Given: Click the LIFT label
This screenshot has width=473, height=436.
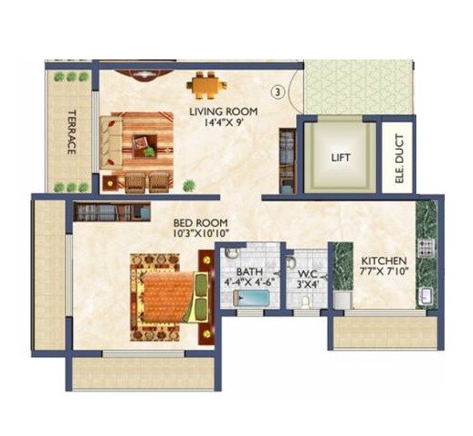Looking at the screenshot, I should [341, 157].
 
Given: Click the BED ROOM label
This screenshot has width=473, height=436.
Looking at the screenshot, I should [201, 223].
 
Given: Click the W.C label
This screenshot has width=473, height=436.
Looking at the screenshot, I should [308, 271].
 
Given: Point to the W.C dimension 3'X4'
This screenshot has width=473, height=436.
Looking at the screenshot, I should [308, 283].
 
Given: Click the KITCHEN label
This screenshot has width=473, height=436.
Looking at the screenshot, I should [382, 259].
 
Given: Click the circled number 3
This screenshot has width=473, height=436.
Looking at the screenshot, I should [278, 91].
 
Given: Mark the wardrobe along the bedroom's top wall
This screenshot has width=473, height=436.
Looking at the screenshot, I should [111, 212].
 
